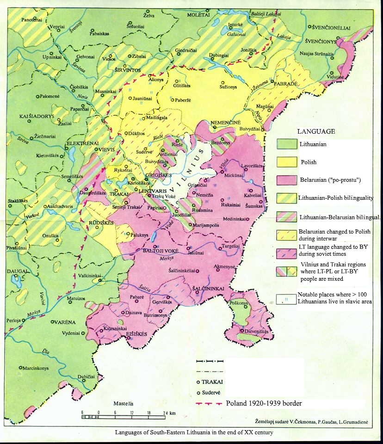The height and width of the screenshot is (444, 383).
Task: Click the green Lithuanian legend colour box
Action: click(x=286, y=144)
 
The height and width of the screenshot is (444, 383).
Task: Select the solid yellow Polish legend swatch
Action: click(x=286, y=162)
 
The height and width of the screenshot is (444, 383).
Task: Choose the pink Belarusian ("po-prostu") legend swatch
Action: click(x=286, y=180)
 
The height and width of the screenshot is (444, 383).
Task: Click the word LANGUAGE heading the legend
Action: click(x=316, y=131)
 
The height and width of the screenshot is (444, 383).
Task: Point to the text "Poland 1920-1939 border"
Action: click(x=264, y=403)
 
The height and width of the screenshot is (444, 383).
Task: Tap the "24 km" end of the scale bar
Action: click(x=168, y=413)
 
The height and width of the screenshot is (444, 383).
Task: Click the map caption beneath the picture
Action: click(x=194, y=433)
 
